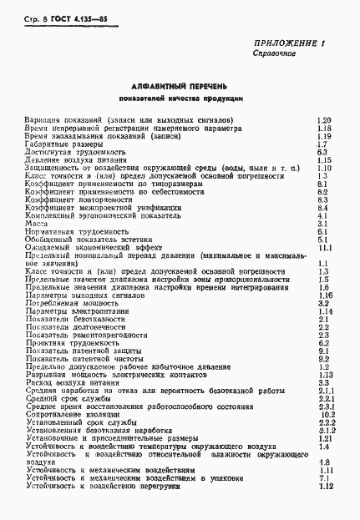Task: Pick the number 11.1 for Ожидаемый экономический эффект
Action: [325, 248]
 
